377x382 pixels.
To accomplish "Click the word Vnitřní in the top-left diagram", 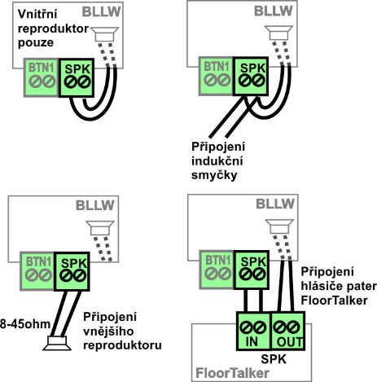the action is (x=37, y=14).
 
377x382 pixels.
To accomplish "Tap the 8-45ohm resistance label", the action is (x=25, y=324).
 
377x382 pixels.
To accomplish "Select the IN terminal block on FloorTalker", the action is (x=253, y=331).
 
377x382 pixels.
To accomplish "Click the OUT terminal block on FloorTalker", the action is (x=288, y=331).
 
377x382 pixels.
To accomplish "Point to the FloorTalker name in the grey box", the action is (x=232, y=373).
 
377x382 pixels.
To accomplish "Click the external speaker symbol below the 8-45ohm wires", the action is (x=57, y=344).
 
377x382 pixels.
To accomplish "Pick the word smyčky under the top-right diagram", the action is (x=214, y=175).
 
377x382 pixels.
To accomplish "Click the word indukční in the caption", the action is (x=217, y=161).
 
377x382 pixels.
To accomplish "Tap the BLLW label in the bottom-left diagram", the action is (x=95, y=205).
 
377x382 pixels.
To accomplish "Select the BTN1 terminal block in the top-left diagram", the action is (x=42, y=77).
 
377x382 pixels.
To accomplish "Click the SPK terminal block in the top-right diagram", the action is (x=251, y=77).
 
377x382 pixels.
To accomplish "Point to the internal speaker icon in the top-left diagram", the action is (x=104, y=34).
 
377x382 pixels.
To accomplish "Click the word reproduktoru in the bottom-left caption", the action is (x=122, y=345).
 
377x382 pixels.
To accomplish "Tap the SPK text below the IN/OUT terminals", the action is (x=274, y=359).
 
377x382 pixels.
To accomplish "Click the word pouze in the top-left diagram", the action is (x=36, y=43).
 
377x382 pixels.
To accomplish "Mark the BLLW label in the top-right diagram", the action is (x=274, y=11).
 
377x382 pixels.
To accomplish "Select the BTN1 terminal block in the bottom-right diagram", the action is (x=217, y=270).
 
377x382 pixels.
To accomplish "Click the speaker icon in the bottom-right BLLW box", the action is (x=279, y=226).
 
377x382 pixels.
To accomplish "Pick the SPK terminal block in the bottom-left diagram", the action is (x=72, y=271).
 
